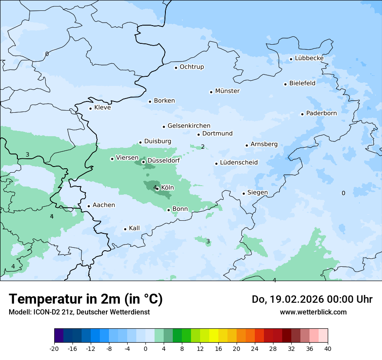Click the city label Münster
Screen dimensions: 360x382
click(227, 91)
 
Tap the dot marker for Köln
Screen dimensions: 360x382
click(157, 189)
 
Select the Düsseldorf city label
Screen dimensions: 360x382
click(164, 160)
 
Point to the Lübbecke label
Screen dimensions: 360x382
click(309, 58)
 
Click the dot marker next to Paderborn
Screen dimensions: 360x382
click(303, 114)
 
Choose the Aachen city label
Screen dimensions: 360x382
click(104, 205)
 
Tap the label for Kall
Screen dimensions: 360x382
click(134, 228)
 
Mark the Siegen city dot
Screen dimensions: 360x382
click(244, 193)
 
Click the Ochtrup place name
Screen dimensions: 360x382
click(191, 67)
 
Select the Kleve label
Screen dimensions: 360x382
click(102, 108)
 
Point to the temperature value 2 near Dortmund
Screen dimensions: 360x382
click(203, 147)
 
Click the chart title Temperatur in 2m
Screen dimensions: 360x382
click(86, 299)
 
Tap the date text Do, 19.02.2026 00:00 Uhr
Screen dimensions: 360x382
click(312, 299)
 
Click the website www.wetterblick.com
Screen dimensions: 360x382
click(313, 312)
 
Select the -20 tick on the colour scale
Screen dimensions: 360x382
click(54, 349)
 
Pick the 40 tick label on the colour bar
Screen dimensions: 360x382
click(328, 349)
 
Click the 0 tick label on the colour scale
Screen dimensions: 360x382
click(145, 349)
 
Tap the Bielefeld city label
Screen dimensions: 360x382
click(302, 83)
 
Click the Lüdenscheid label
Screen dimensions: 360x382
click(239, 163)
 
